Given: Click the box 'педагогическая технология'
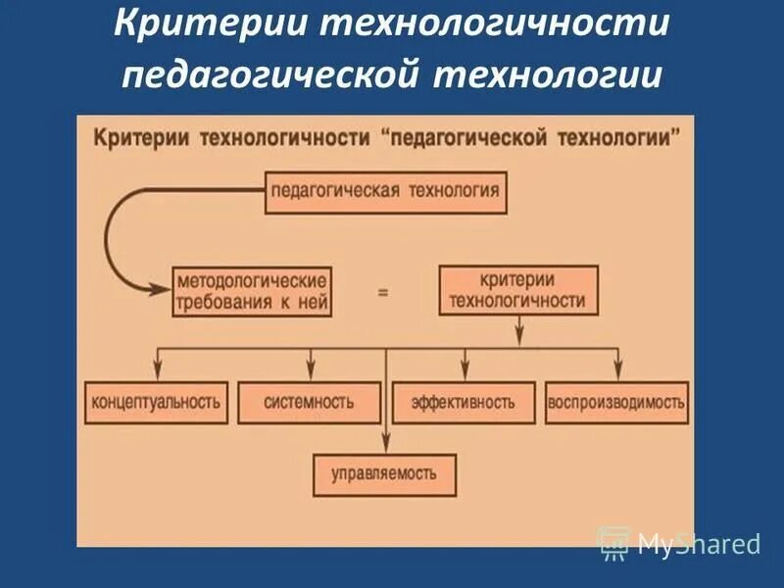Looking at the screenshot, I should (x=387, y=191).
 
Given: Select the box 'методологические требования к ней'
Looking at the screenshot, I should (x=252, y=290).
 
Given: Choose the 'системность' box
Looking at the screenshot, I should (x=309, y=402).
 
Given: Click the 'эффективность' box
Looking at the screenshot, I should (x=464, y=402).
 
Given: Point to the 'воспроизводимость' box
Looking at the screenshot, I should (x=617, y=402).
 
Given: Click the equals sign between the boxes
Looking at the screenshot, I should (x=383, y=291).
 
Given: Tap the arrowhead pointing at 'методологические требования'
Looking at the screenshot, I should (x=159, y=289).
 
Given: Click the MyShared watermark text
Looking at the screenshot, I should (x=699, y=543).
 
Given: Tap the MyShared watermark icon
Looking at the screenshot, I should (x=615, y=542).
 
